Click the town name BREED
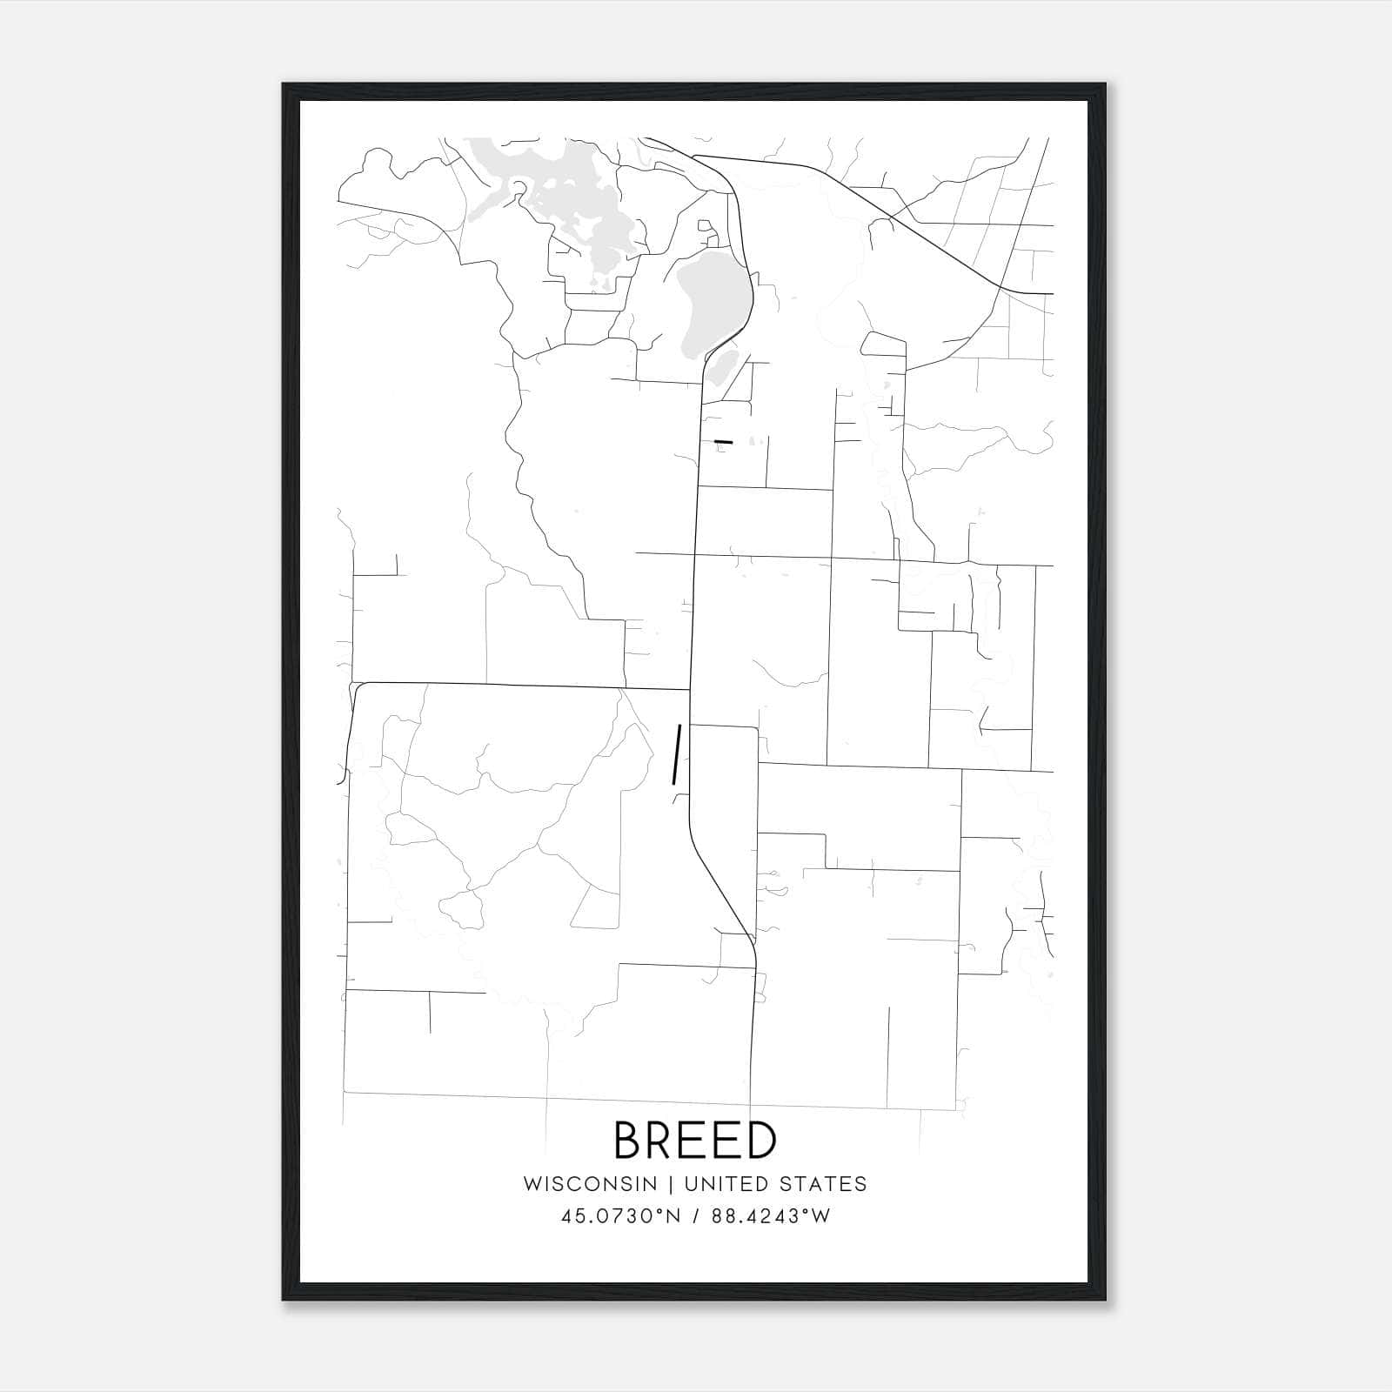(x=695, y=1140)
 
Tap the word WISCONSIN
(x=590, y=1184)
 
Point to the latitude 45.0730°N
(x=619, y=1216)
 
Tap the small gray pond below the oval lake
(x=721, y=367)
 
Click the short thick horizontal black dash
(x=723, y=442)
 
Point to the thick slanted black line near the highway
(x=676, y=754)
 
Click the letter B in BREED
(x=630, y=1140)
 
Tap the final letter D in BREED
(x=760, y=1140)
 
